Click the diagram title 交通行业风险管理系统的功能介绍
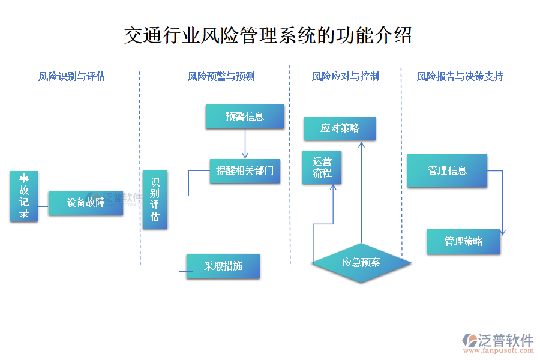[268, 35]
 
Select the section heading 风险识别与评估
[72, 76]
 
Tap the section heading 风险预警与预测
[221, 76]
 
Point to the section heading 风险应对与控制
[346, 76]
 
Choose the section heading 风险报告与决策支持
[460, 76]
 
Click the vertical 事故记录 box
[24, 196]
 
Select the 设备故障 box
[86, 203]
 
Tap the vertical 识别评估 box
[155, 200]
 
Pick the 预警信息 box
[245, 116]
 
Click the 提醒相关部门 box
[245, 171]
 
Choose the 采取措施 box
[223, 266]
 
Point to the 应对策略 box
[340, 128]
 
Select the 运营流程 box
[322, 167]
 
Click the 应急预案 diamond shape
[361, 262]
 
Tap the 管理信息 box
[447, 170]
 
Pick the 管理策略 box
[463, 241]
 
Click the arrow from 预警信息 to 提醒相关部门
[245, 144]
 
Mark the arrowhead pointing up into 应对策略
[361, 145]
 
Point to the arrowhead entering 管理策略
[502, 233]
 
